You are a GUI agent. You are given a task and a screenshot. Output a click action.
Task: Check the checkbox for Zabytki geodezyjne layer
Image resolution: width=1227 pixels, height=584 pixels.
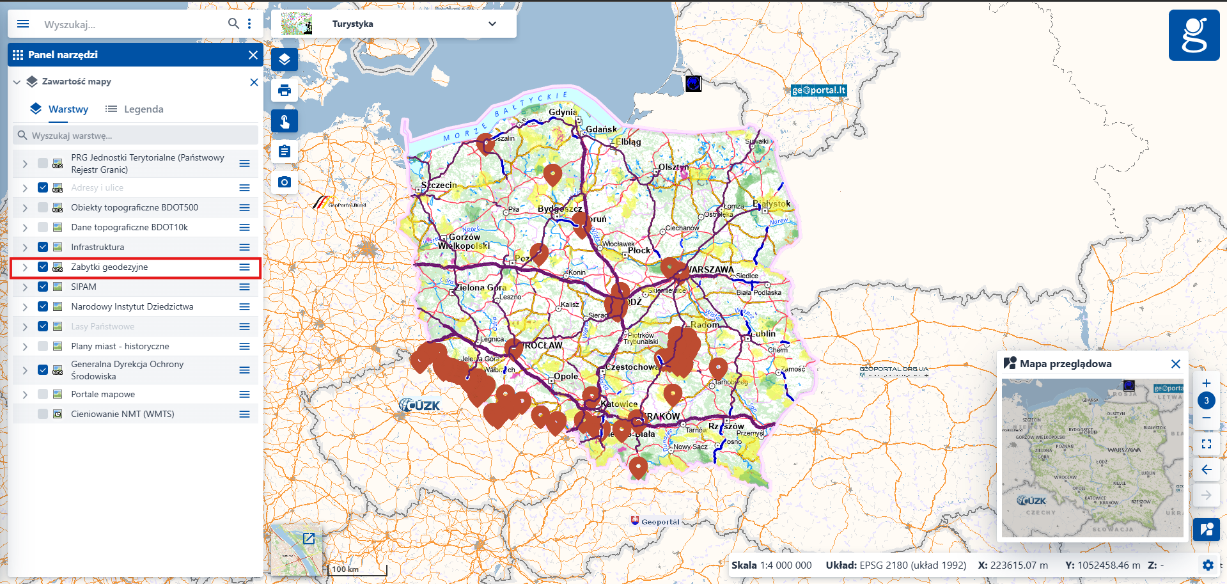point(43,267)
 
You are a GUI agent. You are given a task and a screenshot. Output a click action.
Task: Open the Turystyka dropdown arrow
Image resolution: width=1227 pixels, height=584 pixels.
point(492,24)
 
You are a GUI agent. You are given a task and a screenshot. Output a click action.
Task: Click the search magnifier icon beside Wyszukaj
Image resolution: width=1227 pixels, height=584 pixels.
point(233,24)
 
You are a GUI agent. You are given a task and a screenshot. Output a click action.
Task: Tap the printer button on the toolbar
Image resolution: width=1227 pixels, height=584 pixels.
point(285,90)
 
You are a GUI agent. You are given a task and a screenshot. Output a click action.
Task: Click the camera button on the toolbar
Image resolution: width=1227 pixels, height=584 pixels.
point(285,182)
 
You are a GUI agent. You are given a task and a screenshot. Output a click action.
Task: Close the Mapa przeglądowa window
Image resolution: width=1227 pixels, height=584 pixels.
point(1175,364)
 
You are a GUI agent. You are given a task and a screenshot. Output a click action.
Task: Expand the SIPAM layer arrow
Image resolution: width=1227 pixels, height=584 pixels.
point(24,287)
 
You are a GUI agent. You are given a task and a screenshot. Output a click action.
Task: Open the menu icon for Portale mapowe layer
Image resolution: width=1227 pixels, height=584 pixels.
point(244,395)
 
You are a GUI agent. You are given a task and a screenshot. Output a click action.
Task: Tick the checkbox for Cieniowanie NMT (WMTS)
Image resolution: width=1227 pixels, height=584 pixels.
point(43,414)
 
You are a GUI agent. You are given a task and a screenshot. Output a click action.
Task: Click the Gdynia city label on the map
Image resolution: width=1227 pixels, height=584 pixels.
point(562,113)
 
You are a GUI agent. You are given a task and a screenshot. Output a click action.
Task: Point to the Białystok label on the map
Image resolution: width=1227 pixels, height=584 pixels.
point(771,204)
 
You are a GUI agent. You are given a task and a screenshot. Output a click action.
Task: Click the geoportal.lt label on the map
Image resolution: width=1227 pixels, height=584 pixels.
point(818,90)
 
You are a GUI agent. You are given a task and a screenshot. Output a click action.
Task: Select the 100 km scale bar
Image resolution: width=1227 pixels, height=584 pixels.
point(357,569)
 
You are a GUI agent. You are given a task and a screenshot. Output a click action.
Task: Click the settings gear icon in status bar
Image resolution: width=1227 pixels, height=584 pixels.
point(1207,565)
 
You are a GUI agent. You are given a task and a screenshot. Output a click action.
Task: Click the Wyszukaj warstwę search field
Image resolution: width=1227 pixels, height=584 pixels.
point(136,136)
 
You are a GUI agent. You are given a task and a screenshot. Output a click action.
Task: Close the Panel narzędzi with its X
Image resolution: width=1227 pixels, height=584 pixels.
point(253,55)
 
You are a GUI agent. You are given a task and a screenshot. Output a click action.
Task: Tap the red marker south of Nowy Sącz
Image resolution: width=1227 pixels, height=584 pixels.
point(637,467)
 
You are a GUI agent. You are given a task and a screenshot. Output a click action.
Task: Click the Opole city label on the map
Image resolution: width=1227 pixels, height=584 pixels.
point(565,376)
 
